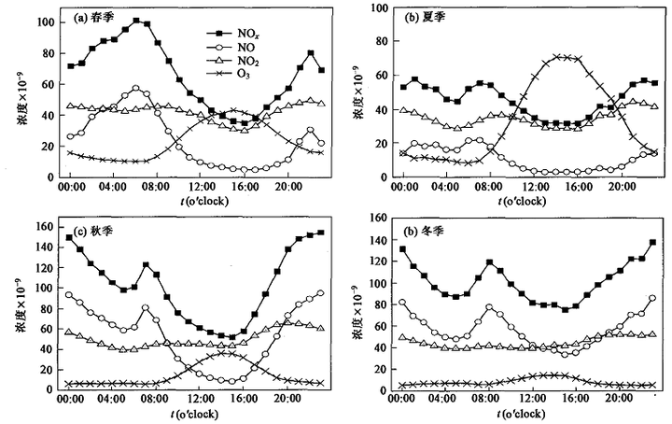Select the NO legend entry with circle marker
(231, 47)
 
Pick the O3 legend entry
(229, 74)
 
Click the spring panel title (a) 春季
(94, 18)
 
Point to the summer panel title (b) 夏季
(426, 17)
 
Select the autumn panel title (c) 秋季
(92, 231)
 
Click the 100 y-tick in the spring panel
(46, 21)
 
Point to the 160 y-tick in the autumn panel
(46, 226)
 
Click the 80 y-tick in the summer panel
(382, 41)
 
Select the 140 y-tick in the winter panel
(379, 240)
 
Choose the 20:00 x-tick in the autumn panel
(287, 399)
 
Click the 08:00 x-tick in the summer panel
(489, 187)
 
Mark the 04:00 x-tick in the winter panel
(444, 399)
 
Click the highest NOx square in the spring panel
(136, 21)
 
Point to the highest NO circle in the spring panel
(136, 89)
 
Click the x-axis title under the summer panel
(522, 201)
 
